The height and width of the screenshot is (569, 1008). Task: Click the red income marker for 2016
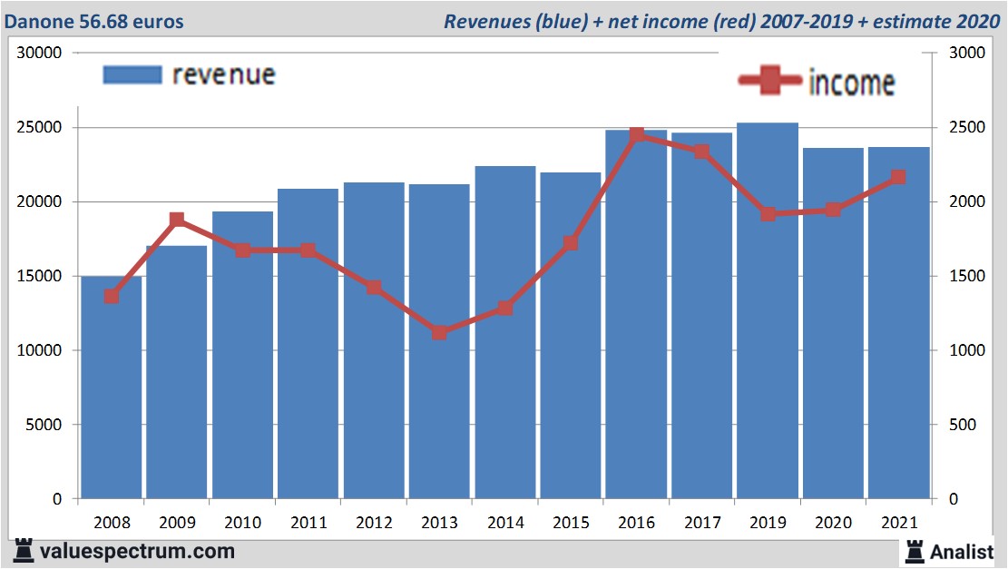tap(636, 134)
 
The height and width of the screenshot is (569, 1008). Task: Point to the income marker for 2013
tap(439, 332)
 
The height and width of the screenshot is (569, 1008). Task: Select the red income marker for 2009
tap(177, 220)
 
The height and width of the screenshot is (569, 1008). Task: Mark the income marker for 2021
tap(898, 177)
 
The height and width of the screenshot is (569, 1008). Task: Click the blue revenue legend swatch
tap(132, 74)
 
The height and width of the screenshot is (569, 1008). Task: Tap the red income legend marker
tap(769, 82)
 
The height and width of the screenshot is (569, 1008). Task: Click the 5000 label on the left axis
tap(43, 425)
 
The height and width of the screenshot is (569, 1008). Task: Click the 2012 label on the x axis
tap(374, 523)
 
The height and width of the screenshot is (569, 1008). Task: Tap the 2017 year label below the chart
tap(701, 523)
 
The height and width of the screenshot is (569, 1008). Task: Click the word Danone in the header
tap(38, 20)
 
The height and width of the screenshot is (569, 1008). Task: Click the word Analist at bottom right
tap(962, 551)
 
